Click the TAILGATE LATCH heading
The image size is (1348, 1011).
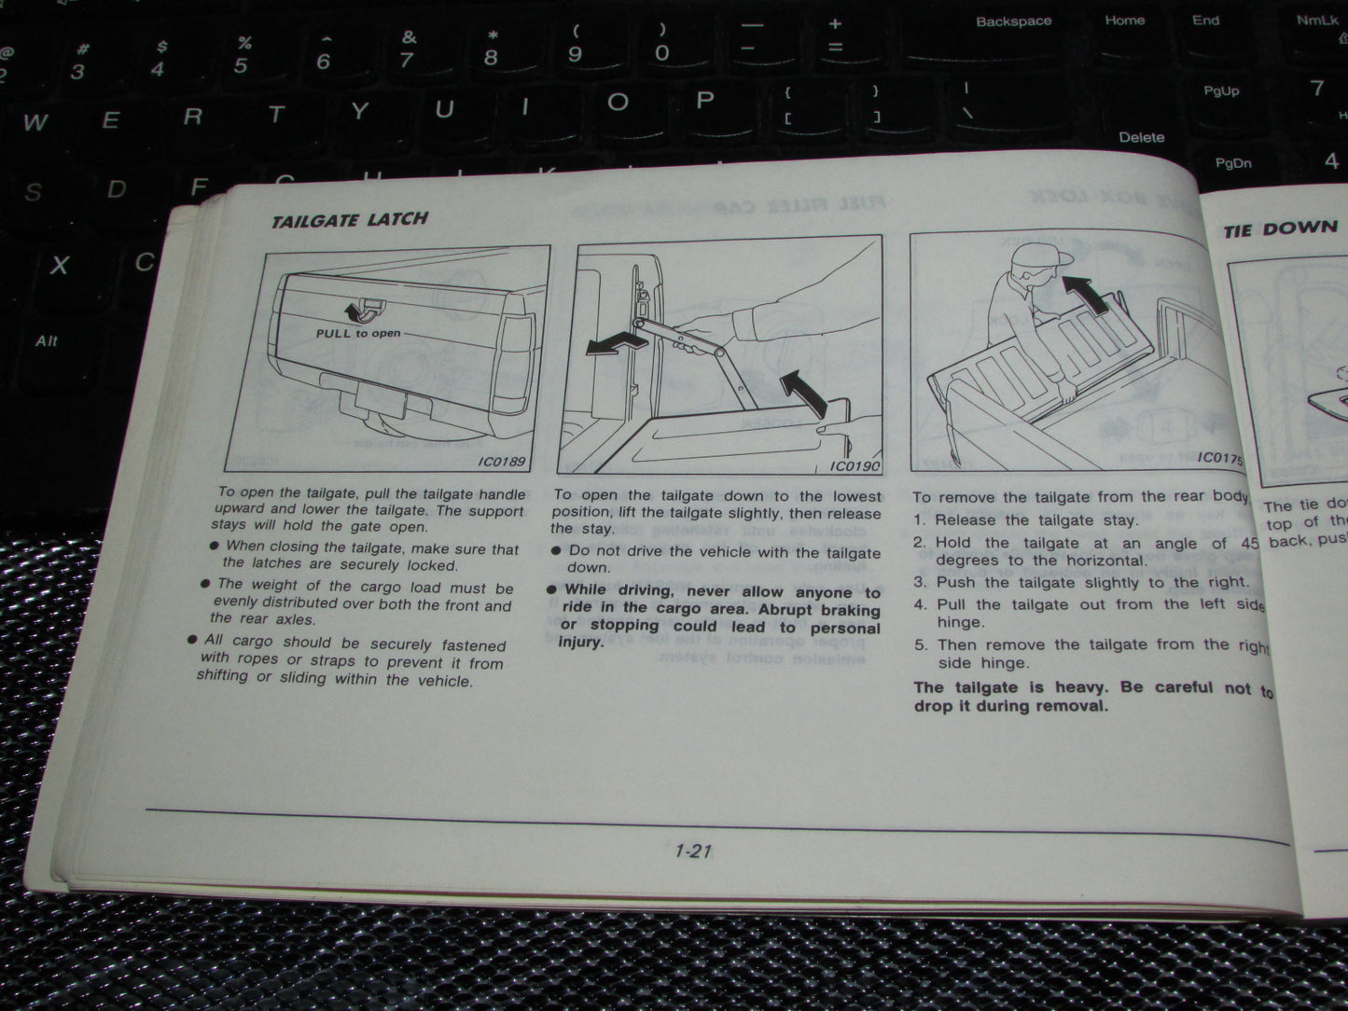[x=349, y=220]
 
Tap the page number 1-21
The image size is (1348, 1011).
[x=692, y=851]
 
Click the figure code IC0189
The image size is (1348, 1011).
[x=502, y=461]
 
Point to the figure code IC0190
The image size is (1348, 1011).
[x=854, y=466]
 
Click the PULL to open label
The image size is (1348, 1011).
[x=358, y=333]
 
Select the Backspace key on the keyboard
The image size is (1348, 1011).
[x=1013, y=21]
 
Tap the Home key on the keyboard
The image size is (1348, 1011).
[x=1124, y=21]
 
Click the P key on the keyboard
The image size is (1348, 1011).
[x=705, y=101]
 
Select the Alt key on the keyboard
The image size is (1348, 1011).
[x=47, y=341]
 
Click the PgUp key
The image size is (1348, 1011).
[x=1220, y=91]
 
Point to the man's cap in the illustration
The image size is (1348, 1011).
[x=1038, y=256]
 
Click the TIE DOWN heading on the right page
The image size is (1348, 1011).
[x=1280, y=229]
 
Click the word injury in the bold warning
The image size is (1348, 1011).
[x=580, y=642]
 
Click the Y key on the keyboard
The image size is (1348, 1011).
[x=360, y=112]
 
